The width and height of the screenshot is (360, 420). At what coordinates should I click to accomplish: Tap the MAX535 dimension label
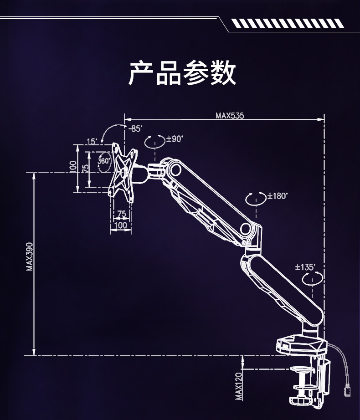(x=230, y=116)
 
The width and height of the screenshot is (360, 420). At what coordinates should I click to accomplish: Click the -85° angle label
(x=135, y=129)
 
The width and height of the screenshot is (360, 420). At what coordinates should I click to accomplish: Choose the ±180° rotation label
(x=278, y=196)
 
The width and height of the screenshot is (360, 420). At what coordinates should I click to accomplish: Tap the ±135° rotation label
(x=305, y=267)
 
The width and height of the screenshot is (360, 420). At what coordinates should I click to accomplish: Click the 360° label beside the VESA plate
(x=104, y=161)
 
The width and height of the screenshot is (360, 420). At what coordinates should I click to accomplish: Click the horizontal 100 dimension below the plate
(x=121, y=225)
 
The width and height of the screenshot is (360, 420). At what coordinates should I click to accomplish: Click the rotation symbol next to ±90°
(x=154, y=141)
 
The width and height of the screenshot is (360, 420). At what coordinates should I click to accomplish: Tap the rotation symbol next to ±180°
(x=256, y=199)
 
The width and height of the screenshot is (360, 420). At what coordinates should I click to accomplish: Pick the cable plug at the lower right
(x=348, y=390)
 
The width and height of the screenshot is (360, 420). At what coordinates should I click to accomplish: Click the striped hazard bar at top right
(x=286, y=23)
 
